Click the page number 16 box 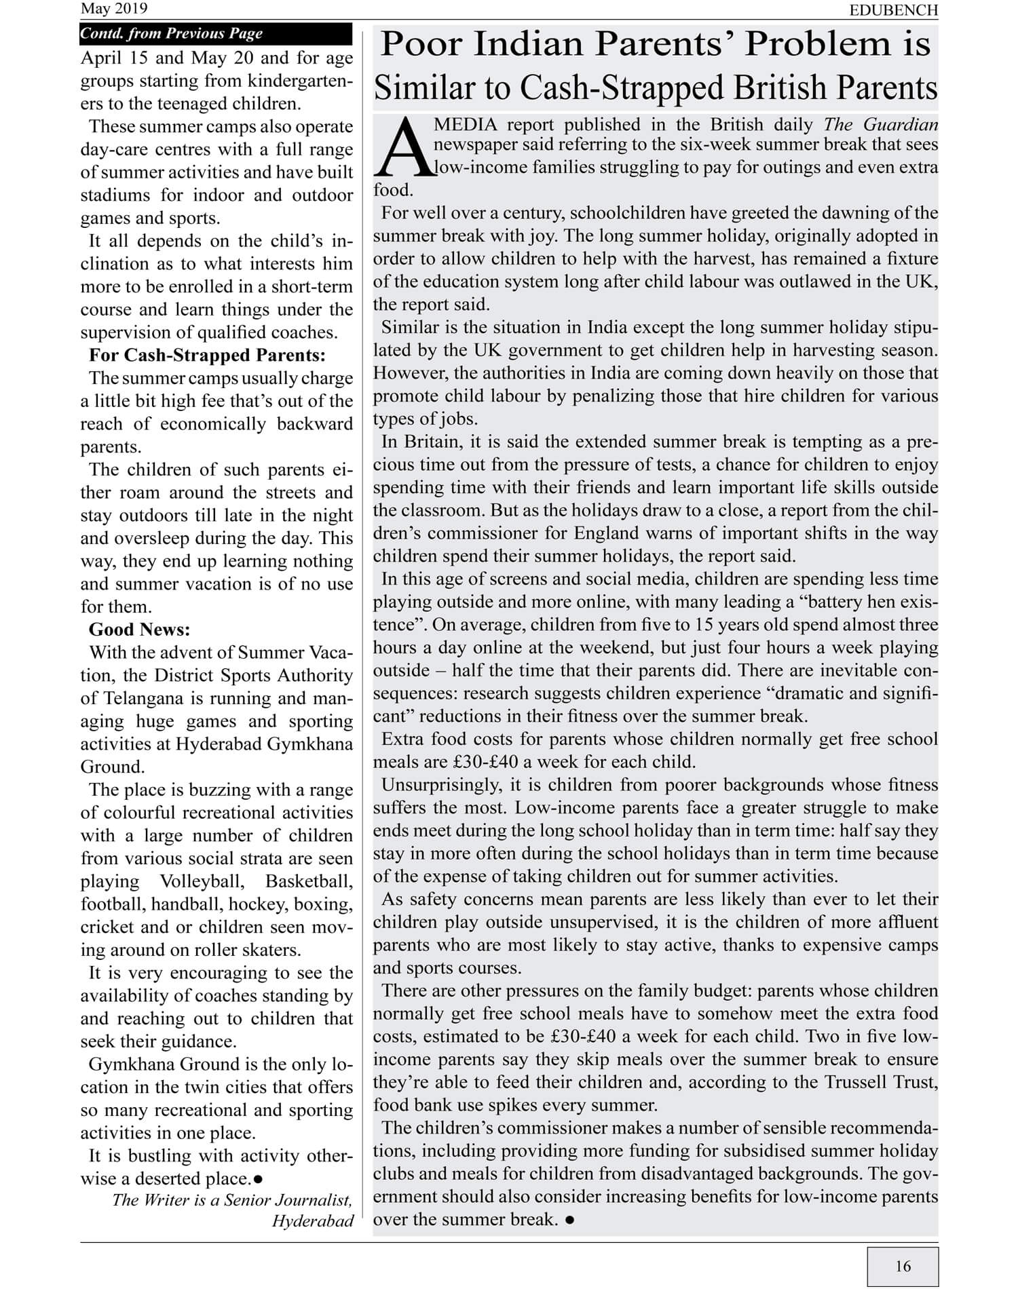click(903, 1266)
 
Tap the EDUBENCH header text click(894, 10)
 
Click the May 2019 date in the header click(113, 9)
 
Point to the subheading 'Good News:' click(140, 629)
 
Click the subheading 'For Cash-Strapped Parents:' click(207, 355)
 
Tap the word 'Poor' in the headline click(421, 45)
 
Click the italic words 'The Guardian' click(881, 125)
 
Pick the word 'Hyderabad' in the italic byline click(313, 1222)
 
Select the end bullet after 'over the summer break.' click(569, 1220)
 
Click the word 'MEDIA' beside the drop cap click(466, 125)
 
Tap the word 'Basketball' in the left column click(309, 881)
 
